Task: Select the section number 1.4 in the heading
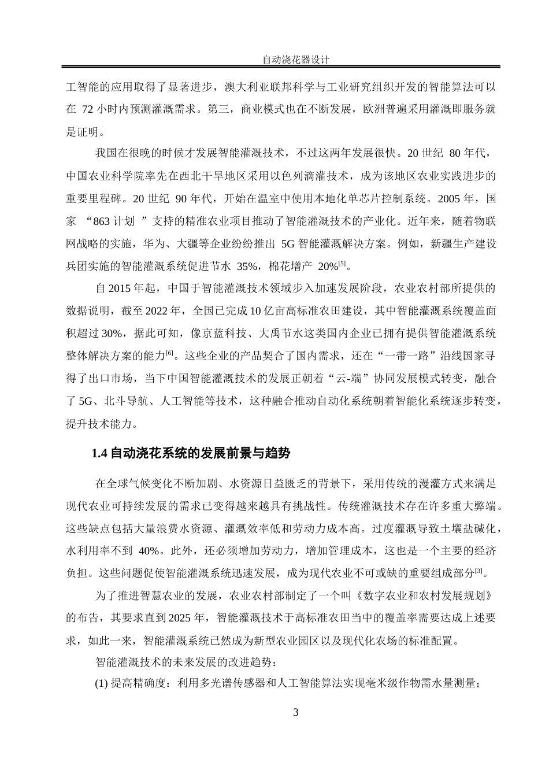(x=99, y=454)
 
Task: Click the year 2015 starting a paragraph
(x=120, y=288)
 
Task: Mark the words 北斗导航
(x=133, y=401)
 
